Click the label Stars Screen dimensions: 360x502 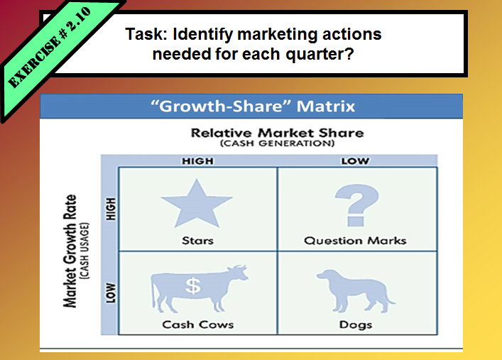tap(197, 240)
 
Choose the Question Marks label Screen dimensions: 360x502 tap(355, 240)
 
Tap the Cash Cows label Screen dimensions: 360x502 tap(198, 324)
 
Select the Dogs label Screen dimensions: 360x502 tap(355, 324)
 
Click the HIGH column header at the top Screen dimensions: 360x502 tap(197, 161)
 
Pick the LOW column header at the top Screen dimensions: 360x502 tap(355, 161)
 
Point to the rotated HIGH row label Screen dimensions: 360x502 tap(110, 208)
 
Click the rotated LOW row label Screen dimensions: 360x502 tap(110, 293)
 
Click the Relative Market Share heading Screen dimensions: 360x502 tap(276, 133)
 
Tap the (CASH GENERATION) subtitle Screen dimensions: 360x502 tap(276, 143)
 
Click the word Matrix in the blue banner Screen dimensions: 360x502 tap(326, 107)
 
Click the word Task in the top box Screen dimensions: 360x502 tap(143, 33)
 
